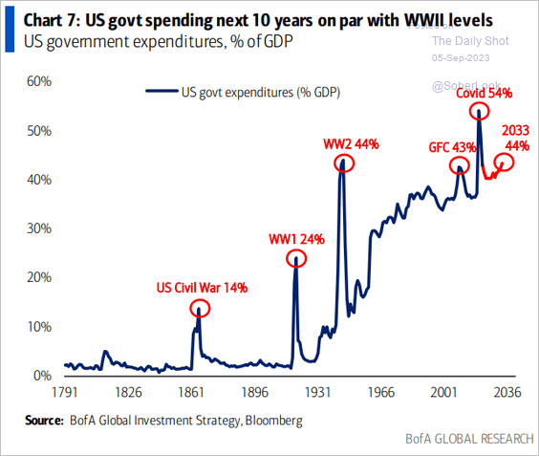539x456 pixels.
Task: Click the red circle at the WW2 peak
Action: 344,163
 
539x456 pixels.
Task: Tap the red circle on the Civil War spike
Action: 199,309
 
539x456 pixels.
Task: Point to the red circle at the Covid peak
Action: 478,111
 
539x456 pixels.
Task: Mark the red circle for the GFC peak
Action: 459,165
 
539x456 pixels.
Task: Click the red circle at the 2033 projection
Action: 504,162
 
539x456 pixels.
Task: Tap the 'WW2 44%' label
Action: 351,143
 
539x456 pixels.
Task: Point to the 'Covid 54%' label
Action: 484,93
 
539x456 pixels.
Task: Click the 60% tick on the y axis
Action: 38,81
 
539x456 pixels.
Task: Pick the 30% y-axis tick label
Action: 38,228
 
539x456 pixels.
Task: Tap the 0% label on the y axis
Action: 42,376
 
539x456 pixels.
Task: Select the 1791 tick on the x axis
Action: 65,392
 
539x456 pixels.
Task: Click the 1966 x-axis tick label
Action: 380,392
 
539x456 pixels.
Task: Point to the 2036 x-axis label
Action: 507,392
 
